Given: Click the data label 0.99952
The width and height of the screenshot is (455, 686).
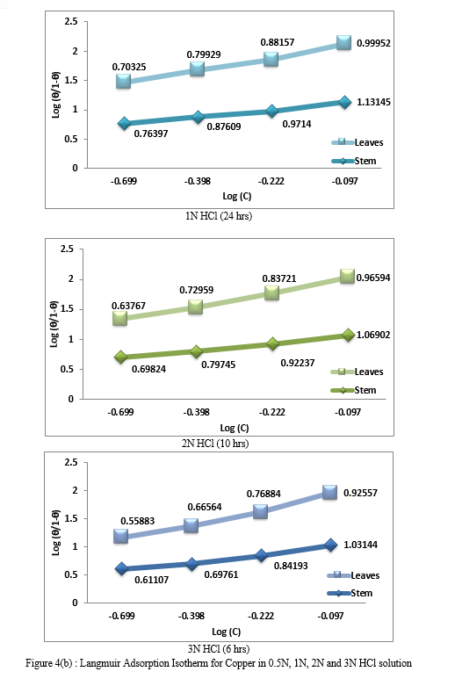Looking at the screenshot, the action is click(x=373, y=43).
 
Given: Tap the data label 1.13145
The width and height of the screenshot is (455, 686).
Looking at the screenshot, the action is click(x=373, y=102).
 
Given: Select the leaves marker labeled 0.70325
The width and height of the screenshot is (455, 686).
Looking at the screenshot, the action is click(x=123, y=81).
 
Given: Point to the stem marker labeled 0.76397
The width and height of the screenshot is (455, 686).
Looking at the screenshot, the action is click(x=124, y=123).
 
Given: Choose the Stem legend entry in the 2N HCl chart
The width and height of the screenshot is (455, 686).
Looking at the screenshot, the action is click(x=353, y=390).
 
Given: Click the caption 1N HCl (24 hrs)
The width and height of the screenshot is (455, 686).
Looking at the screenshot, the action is click(x=219, y=216).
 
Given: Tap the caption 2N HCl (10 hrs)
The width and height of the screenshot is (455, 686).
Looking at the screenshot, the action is click(x=215, y=444).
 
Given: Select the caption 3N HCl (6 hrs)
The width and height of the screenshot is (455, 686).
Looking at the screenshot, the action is click(x=219, y=648).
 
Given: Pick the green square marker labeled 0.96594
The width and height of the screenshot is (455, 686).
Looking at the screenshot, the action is click(x=347, y=276).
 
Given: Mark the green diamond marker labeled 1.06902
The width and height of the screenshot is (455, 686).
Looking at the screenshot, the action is click(x=348, y=336).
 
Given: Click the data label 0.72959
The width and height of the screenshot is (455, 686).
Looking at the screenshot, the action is click(x=197, y=290).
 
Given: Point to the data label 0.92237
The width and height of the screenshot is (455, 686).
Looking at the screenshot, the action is click(x=298, y=363).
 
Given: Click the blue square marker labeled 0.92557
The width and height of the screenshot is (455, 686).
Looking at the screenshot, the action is click(x=329, y=492).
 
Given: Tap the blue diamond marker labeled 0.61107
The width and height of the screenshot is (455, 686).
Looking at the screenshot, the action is click(x=121, y=569).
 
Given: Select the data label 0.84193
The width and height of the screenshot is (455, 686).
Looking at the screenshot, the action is click(x=291, y=566).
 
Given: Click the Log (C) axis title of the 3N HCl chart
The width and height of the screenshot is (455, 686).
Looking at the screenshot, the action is click(x=227, y=632).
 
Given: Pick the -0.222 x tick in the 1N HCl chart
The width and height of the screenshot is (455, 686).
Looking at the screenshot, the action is click(x=271, y=181).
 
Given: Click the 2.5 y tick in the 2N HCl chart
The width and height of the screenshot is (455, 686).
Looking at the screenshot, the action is click(x=67, y=249).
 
